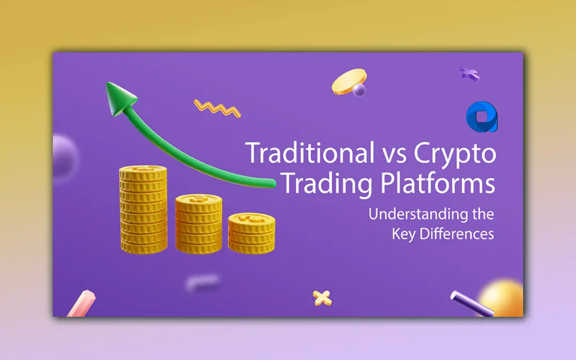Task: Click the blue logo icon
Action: click(x=482, y=117)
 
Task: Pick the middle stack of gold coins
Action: click(x=198, y=223)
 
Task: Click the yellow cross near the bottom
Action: click(x=322, y=297)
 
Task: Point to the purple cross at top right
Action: click(x=469, y=74)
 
